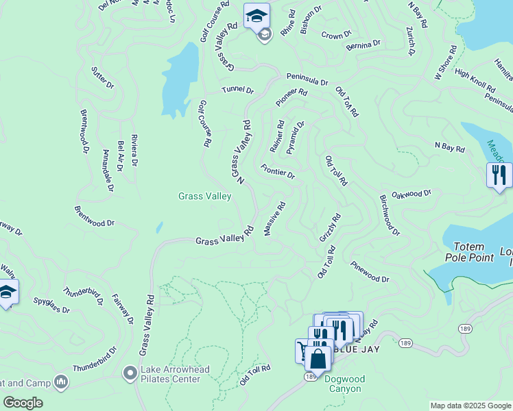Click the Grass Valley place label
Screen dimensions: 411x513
pos(204,196)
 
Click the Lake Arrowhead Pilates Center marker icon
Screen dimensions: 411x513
pos(129,373)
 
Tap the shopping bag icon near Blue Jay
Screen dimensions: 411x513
pos(319,358)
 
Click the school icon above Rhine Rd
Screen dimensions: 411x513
pos(256,15)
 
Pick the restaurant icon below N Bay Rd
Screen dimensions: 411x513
pos(499,175)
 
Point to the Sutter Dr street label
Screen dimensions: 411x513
pos(101,77)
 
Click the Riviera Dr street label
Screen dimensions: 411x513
pos(134,150)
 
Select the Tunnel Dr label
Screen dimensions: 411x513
pos(237,90)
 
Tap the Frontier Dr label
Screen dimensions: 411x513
pos(278,171)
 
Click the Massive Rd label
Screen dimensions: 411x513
pos(274,219)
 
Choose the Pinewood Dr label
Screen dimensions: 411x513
pos(370,271)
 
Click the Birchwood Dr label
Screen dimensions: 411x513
pos(389,214)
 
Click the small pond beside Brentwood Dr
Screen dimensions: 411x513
pos(159,227)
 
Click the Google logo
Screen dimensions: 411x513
pos(23,403)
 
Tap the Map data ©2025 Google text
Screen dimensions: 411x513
pos(470,406)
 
